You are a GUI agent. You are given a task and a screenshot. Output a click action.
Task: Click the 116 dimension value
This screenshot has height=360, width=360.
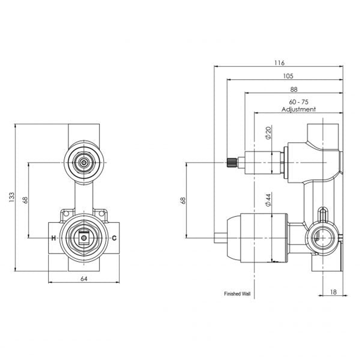tap(279, 63)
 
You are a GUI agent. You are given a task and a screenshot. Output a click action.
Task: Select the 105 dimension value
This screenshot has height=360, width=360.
tap(288, 76)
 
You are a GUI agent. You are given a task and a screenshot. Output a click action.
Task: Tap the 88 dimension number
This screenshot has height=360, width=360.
tap(294, 89)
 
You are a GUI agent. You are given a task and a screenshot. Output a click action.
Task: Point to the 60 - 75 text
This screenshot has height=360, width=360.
tap(299, 102)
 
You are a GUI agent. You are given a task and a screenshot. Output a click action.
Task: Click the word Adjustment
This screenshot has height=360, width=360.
tap(299, 109)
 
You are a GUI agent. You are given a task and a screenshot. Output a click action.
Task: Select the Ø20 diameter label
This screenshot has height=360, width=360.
tap(269, 133)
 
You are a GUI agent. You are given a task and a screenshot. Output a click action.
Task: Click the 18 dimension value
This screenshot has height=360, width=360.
tap(333, 292)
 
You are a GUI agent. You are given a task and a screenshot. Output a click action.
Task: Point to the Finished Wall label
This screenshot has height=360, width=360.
tap(237, 294)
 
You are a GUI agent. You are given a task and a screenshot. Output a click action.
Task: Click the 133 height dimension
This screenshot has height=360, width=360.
tap(12, 198)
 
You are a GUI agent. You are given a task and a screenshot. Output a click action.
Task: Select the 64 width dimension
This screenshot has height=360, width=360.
tap(84, 279)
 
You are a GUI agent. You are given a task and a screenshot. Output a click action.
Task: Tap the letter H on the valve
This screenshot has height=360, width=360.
tap(53, 238)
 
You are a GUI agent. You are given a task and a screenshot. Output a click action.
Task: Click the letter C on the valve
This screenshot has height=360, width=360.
tap(114, 238)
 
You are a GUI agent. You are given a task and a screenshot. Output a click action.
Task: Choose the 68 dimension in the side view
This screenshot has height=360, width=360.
tap(183, 200)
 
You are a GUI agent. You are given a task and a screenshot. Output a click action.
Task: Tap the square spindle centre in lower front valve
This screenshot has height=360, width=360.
tap(84, 238)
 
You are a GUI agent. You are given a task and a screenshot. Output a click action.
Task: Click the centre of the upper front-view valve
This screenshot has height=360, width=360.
tap(84, 162)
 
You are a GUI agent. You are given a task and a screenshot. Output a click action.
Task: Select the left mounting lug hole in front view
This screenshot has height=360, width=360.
tap(66, 213)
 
